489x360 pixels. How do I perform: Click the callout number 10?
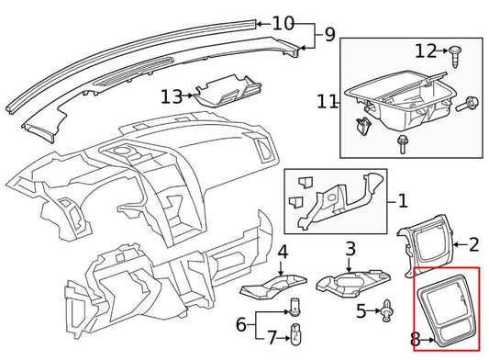[x=283, y=22]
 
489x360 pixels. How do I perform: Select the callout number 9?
[x=329, y=37]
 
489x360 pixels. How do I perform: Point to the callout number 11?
[x=328, y=102]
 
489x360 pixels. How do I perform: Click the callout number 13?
[x=172, y=95]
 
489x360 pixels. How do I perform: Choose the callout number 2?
[x=474, y=244]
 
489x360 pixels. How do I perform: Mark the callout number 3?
[x=350, y=249]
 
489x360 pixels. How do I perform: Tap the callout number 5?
[x=361, y=311]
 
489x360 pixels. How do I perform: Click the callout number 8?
[x=417, y=340]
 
